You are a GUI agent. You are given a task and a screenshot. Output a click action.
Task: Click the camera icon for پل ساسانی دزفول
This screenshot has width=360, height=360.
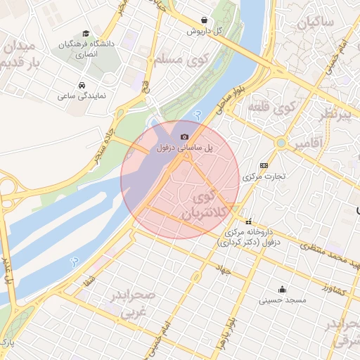pos(184,136)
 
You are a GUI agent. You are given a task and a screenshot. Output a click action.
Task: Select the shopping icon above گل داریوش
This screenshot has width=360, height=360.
pos(204,20)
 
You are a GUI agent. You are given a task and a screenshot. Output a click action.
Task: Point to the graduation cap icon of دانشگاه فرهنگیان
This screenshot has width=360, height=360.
pos(86,33)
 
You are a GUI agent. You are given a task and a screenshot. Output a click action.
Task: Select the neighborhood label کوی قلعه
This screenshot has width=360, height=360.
pos(271,108)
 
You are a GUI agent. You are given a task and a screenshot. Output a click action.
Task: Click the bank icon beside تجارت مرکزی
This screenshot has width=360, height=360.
pos(264,165)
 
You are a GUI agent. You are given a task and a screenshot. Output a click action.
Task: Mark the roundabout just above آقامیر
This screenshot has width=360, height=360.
pos(281,143)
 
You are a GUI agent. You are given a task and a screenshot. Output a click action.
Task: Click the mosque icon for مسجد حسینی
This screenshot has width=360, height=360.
pos(283,288)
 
